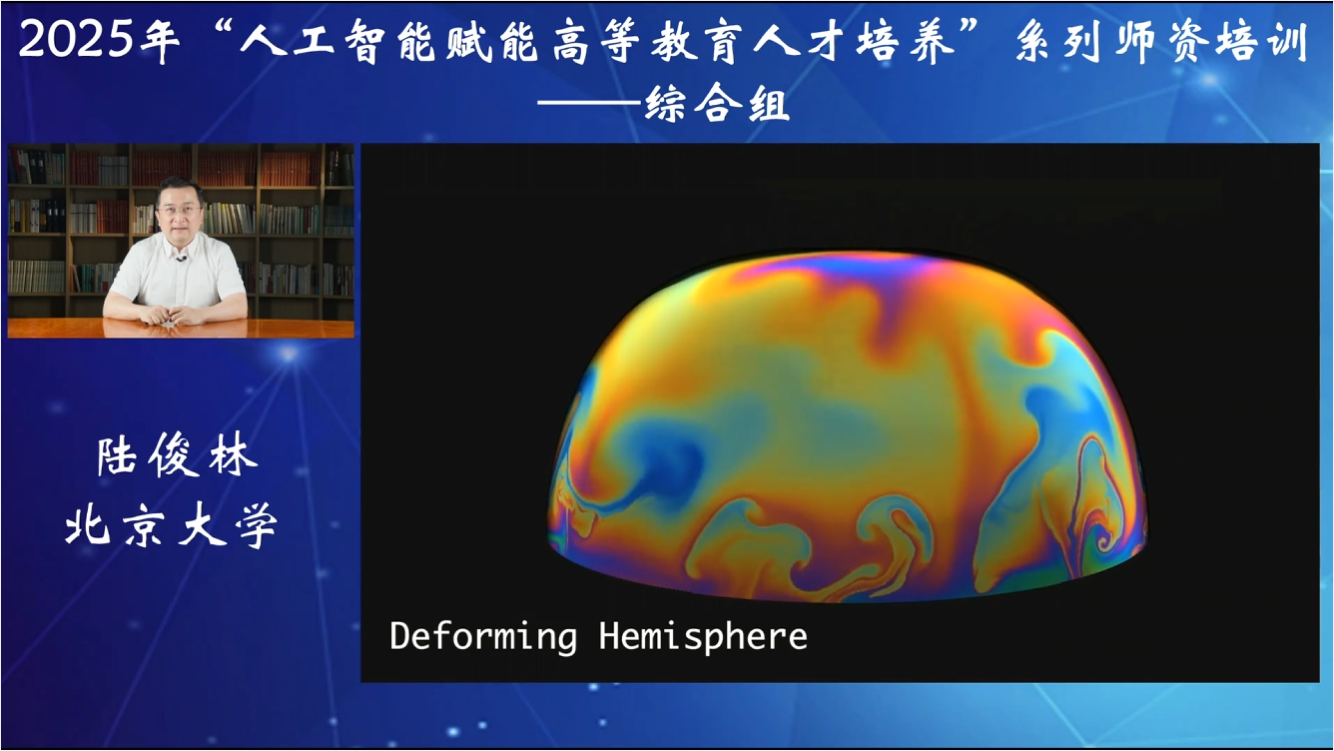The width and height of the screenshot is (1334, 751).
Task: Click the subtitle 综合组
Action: [717, 103]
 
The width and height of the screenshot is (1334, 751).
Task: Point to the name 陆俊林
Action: [177, 457]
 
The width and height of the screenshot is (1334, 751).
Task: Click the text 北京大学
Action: [171, 525]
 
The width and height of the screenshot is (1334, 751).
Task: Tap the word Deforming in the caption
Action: [483, 636]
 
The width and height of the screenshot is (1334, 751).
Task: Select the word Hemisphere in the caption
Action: [703, 636]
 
